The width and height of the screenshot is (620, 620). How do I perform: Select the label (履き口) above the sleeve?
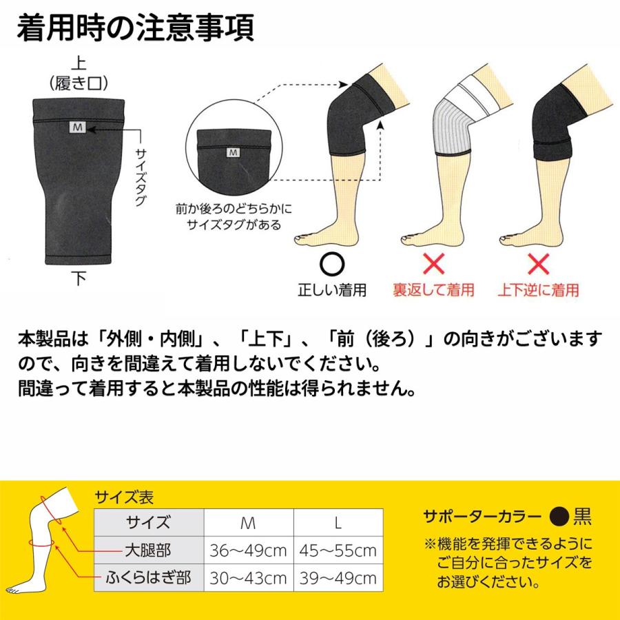click(x=79, y=83)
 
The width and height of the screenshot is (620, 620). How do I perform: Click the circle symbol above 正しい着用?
click(x=331, y=265)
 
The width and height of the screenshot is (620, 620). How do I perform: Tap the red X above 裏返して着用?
click(x=433, y=265)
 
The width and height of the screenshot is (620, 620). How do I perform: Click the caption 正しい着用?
click(x=331, y=290)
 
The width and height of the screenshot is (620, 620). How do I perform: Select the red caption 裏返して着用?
click(x=433, y=290)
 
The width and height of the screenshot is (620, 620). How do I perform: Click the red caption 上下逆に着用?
click(x=538, y=290)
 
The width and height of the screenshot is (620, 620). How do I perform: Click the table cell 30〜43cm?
click(x=249, y=576)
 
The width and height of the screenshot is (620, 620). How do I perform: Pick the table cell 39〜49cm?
click(x=338, y=576)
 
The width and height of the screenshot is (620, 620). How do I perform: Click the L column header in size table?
click(x=338, y=522)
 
